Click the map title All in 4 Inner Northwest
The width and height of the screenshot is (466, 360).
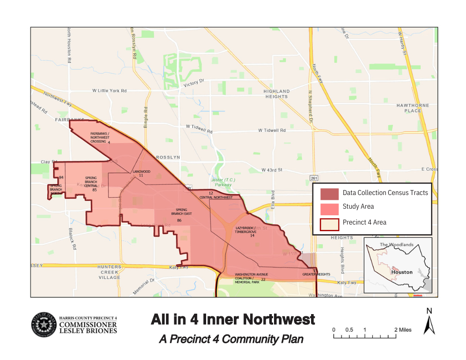click(x=233, y=319)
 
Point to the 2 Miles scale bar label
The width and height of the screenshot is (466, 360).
click(x=403, y=330)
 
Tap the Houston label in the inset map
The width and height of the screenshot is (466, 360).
click(x=402, y=272)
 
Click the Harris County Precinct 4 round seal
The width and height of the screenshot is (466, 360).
click(x=43, y=325)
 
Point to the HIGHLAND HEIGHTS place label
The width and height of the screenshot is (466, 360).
click(x=277, y=94)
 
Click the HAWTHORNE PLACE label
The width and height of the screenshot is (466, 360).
click(x=409, y=108)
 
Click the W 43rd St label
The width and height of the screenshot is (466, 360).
click(x=271, y=170)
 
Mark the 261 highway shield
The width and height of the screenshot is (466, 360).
click(x=314, y=178)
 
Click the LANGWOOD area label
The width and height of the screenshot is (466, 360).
click(x=141, y=173)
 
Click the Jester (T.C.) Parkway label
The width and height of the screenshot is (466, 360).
click(x=223, y=182)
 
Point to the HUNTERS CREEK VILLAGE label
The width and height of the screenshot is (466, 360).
click(x=109, y=272)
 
